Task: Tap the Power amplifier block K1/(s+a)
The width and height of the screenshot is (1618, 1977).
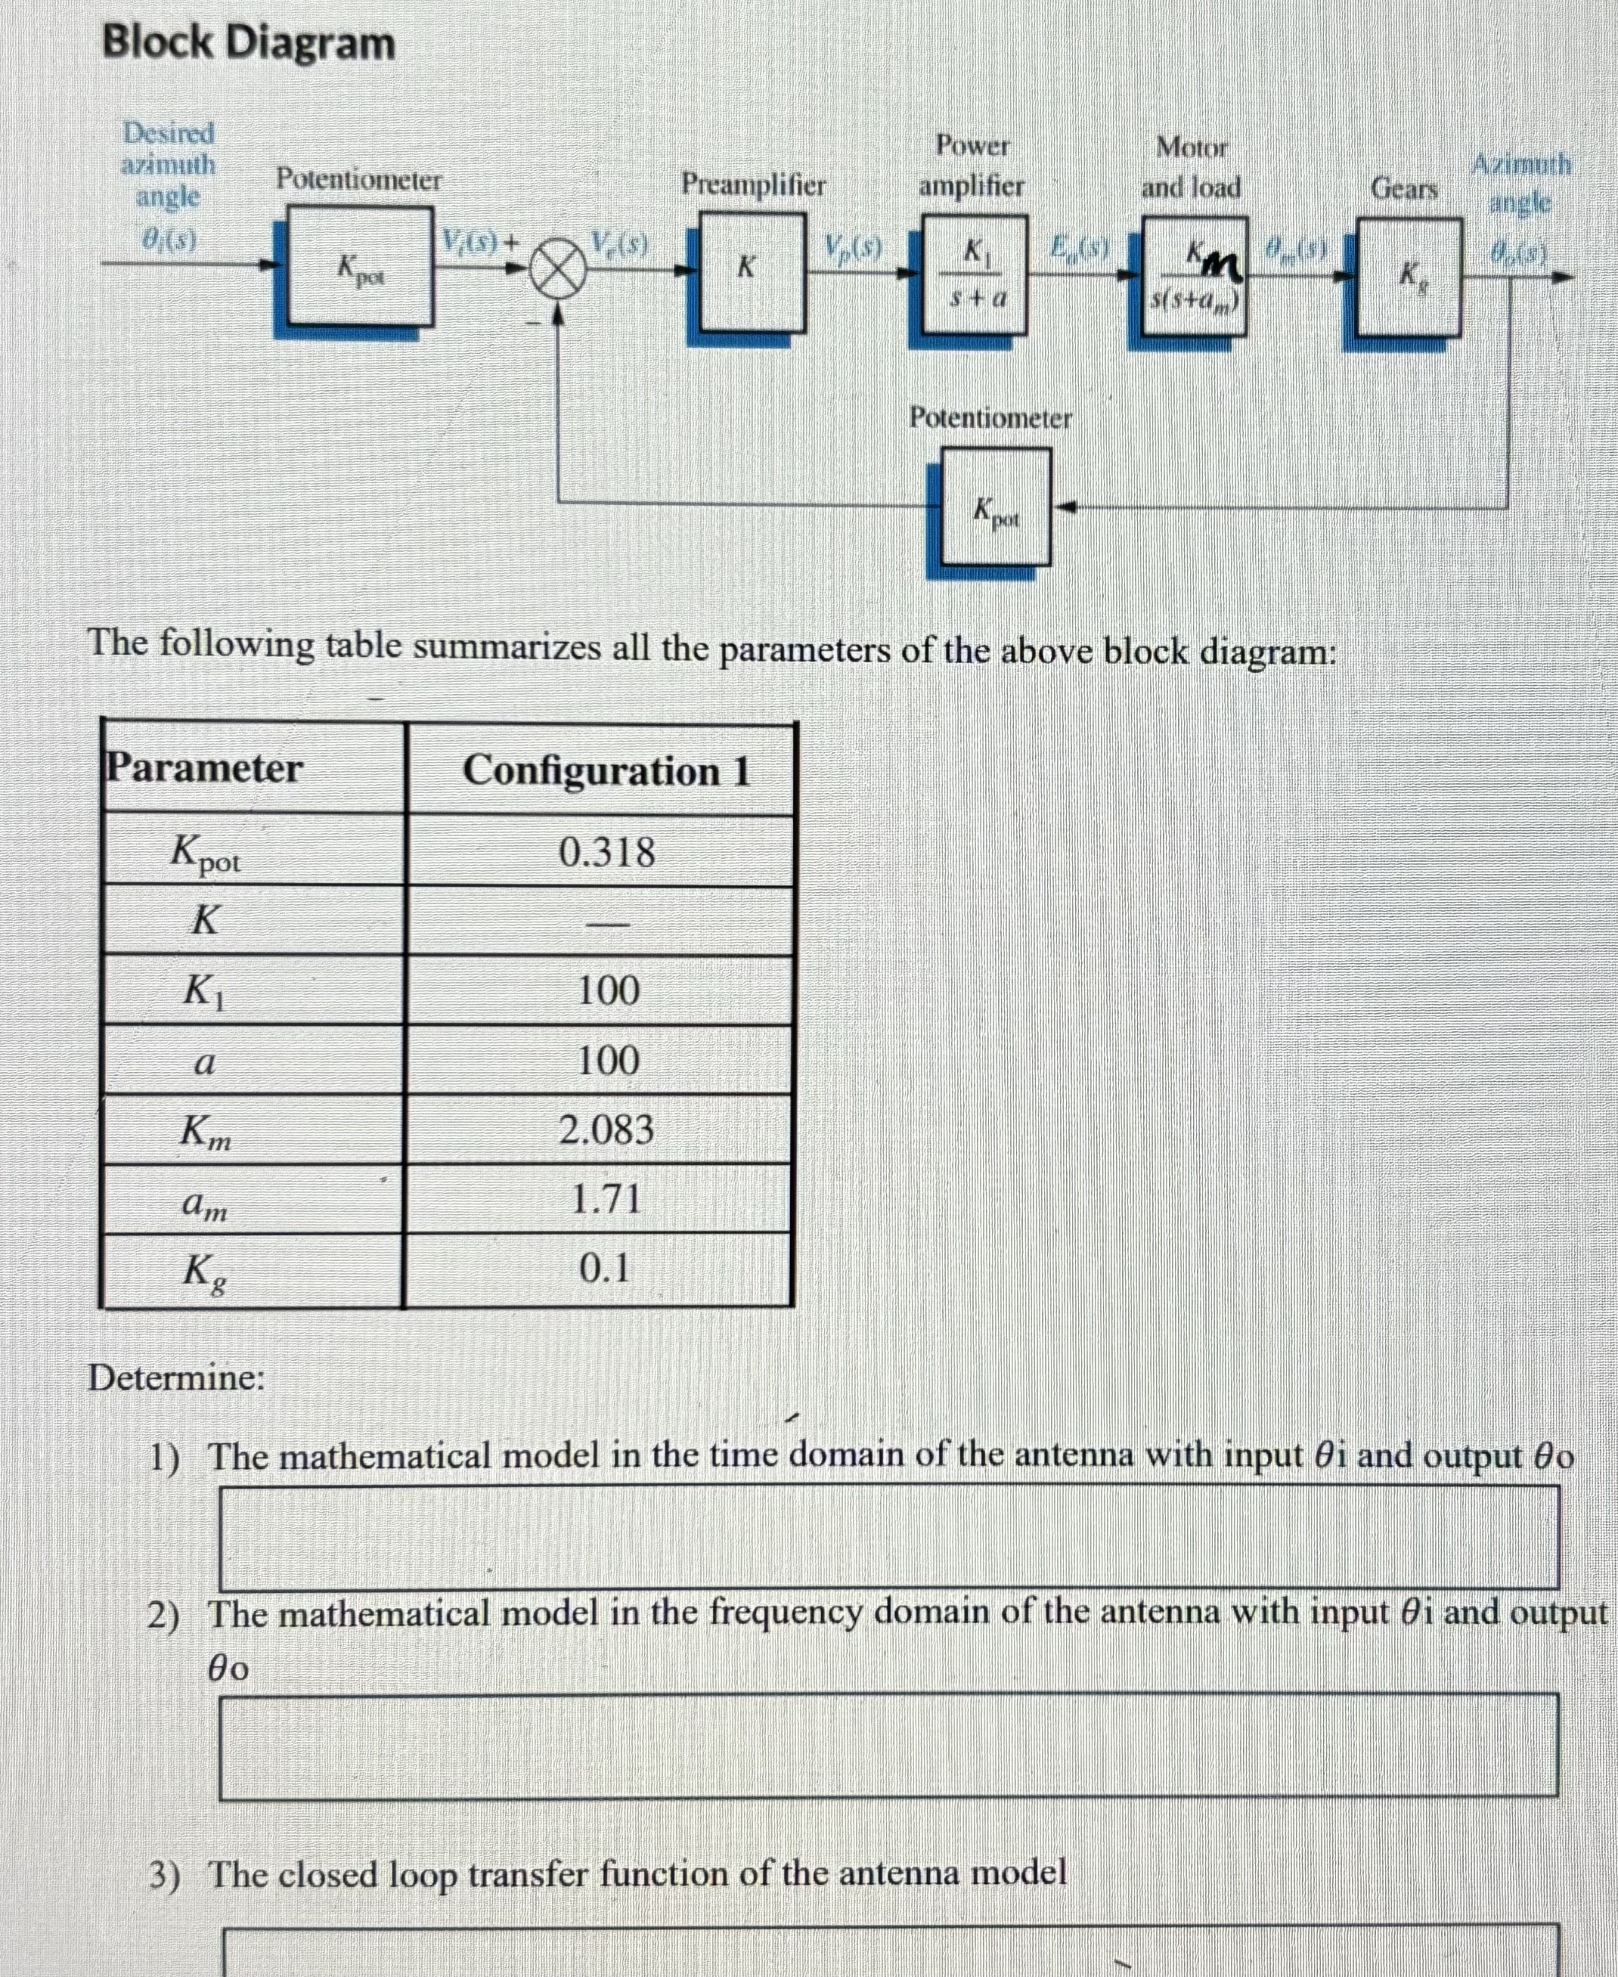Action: click(974, 274)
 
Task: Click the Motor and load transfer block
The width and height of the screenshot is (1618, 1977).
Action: click(1194, 276)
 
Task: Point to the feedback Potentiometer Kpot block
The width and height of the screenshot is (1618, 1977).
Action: click(996, 507)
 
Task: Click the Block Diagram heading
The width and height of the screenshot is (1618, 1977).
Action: click(249, 44)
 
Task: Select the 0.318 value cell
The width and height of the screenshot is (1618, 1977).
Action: click(606, 852)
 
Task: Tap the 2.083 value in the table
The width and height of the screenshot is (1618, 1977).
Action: click(606, 1129)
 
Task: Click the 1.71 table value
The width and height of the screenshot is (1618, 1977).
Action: click(606, 1198)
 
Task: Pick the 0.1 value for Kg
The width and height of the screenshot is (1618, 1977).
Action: click(604, 1268)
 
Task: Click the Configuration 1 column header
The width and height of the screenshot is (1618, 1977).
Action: click(606, 771)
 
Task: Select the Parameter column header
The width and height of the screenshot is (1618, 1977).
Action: click(204, 769)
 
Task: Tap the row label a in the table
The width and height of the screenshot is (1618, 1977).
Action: click(205, 1061)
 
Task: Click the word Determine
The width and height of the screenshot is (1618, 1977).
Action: click(176, 1377)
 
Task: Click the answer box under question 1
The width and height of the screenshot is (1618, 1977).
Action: click(889, 1537)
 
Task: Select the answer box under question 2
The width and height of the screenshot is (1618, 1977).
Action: click(889, 1746)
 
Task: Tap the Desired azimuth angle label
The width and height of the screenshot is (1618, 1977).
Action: click(169, 165)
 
